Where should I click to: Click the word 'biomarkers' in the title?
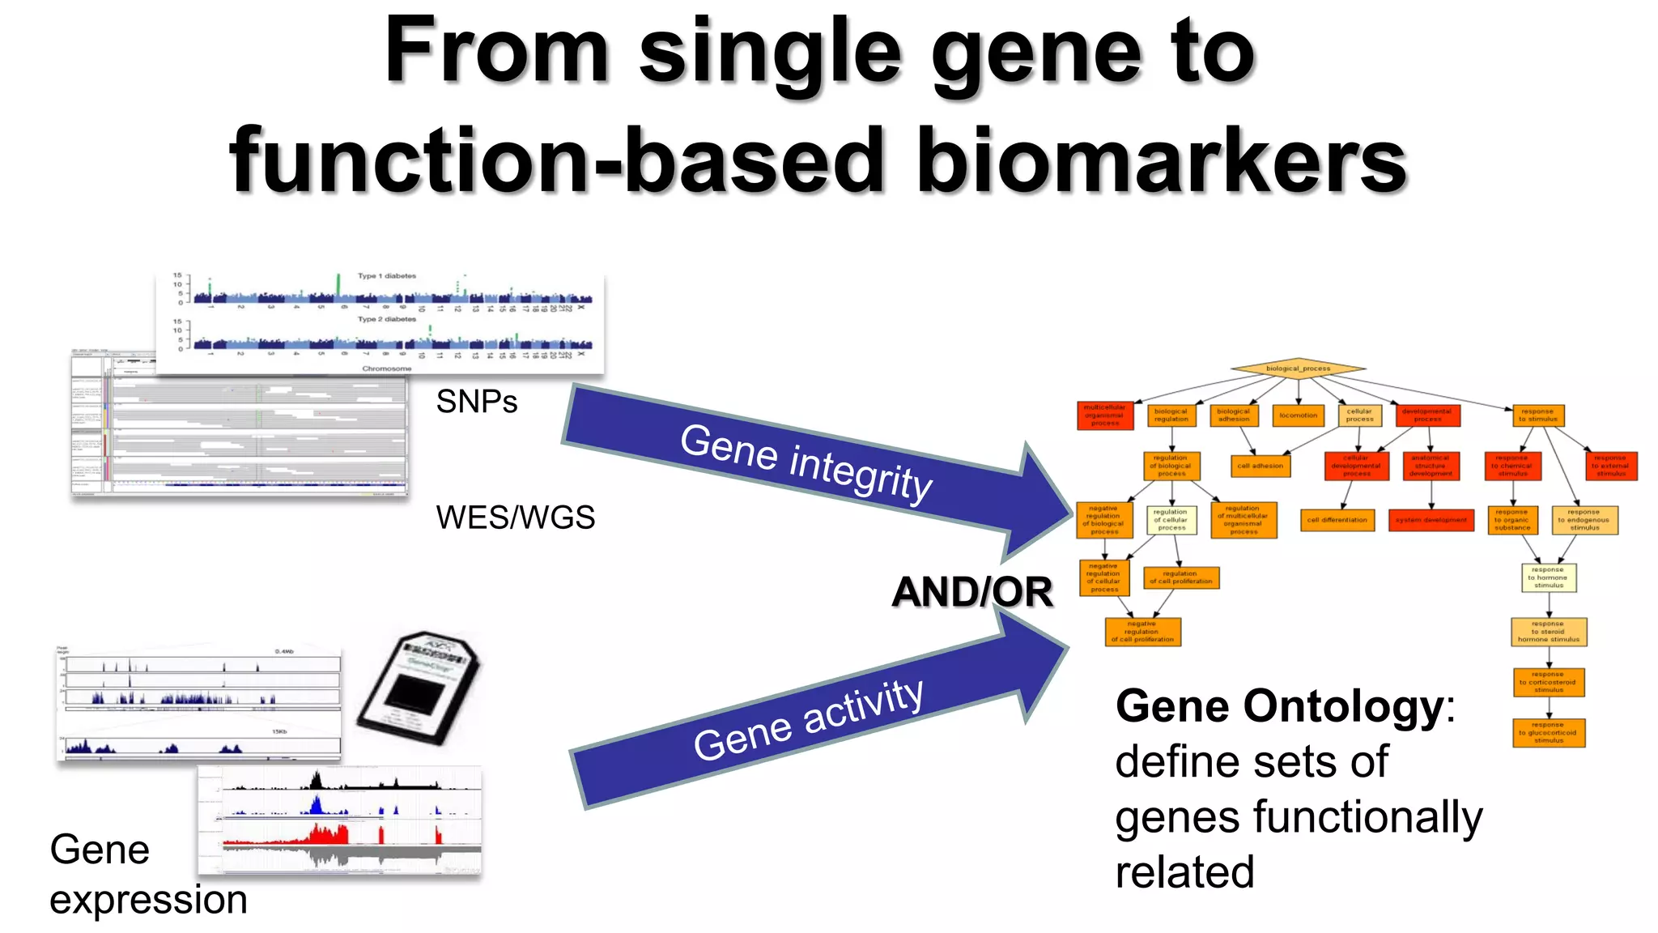pyautogui.click(x=1162, y=162)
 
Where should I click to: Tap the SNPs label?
pyautogui.click(x=476, y=402)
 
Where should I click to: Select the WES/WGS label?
pyautogui.click(x=515, y=518)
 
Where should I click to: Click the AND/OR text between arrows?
pyautogui.click(x=971, y=592)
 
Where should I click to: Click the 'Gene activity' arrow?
pyautogui.click(x=810, y=719)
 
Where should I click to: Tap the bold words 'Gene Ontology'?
pyautogui.click(x=1279, y=706)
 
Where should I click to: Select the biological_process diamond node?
pyautogui.click(x=1298, y=369)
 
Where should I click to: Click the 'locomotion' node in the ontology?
pyautogui.click(x=1298, y=415)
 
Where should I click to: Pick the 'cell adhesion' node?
pyautogui.click(x=1260, y=466)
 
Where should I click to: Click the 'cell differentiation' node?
pyautogui.click(x=1337, y=520)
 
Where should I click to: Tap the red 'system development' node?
pyautogui.click(x=1431, y=520)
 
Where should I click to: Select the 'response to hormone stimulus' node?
pyautogui.click(x=1548, y=577)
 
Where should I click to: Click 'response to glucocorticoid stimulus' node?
pyautogui.click(x=1548, y=733)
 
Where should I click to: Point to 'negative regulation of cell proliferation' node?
pyautogui.click(x=1142, y=632)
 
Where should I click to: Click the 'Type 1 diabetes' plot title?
pyautogui.click(x=387, y=276)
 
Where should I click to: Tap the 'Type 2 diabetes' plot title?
pyautogui.click(x=387, y=319)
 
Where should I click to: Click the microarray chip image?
pyautogui.click(x=419, y=688)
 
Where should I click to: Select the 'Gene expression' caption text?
pyautogui.click(x=147, y=875)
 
